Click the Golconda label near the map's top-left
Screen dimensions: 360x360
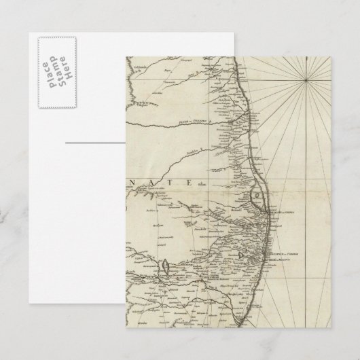(143, 69)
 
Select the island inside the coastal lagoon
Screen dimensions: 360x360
(256, 197)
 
